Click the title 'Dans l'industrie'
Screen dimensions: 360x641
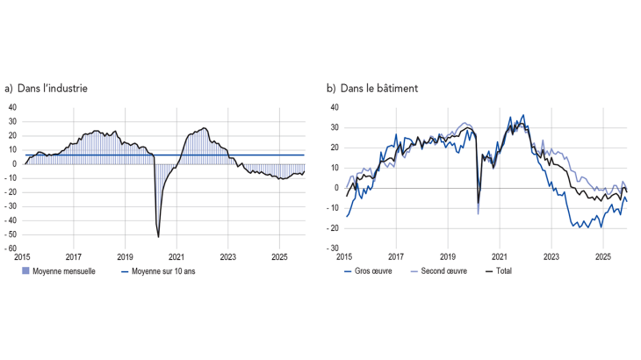pos(52,89)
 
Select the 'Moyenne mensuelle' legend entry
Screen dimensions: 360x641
pos(58,271)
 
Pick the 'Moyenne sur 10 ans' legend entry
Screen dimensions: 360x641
pos(169,271)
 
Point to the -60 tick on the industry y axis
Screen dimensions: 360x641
pos(12,249)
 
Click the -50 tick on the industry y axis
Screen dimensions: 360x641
pos(12,235)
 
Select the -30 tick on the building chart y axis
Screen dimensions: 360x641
pos(334,249)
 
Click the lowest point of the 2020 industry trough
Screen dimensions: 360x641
pos(158,236)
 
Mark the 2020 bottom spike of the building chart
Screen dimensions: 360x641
pos(478,213)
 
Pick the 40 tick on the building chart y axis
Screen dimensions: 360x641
pos(335,108)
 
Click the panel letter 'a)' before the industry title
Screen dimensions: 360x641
pos(9,89)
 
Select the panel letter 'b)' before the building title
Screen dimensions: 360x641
pos(331,89)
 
